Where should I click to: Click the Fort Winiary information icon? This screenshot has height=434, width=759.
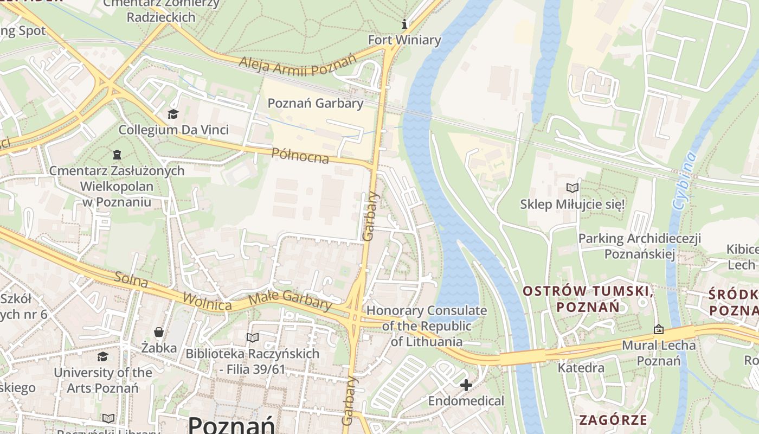[404, 24]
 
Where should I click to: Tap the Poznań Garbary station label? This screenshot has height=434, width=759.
[316, 103]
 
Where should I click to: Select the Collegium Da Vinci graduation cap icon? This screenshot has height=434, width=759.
[173, 114]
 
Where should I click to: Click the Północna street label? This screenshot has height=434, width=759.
[300, 155]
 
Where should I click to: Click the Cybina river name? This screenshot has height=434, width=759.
[684, 181]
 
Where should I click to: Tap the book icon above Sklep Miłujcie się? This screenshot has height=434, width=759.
[572, 188]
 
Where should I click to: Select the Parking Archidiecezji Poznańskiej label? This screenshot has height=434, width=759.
[640, 246]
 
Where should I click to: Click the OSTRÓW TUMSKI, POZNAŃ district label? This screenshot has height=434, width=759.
[587, 299]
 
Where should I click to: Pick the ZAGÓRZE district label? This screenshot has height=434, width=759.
[613, 420]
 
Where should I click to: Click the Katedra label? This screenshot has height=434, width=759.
[581, 368]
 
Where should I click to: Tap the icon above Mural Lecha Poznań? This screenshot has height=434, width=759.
[659, 329]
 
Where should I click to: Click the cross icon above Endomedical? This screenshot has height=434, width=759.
[466, 385]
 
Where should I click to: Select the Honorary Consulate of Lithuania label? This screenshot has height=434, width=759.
[427, 326]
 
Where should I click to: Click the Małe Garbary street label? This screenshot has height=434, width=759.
[290, 301]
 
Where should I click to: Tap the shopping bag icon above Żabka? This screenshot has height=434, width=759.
[159, 331]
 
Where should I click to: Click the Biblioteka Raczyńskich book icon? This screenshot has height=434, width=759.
[252, 337]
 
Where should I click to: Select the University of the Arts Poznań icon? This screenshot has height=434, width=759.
[102, 356]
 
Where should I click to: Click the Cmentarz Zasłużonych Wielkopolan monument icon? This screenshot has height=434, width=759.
[117, 155]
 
